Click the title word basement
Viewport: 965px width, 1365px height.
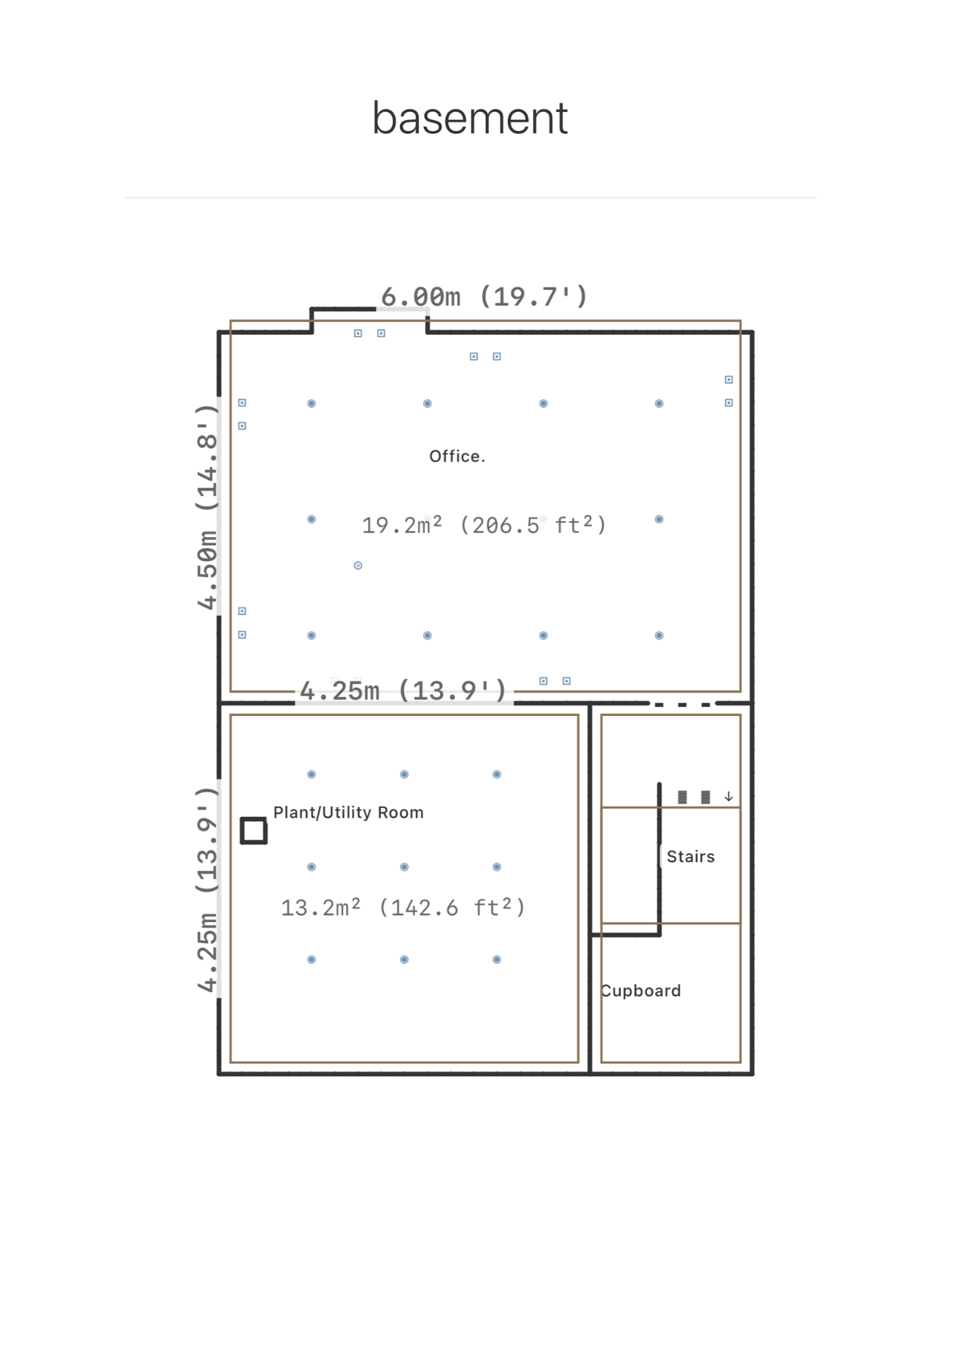click(x=470, y=118)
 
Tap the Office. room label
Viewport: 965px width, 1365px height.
click(x=457, y=456)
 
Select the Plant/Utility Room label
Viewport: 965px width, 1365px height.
click(x=349, y=812)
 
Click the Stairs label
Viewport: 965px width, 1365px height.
click(x=691, y=857)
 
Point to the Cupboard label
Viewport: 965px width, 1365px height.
click(x=641, y=990)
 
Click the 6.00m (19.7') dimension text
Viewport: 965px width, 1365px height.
click(x=484, y=297)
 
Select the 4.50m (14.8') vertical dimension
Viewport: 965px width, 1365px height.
click(x=207, y=506)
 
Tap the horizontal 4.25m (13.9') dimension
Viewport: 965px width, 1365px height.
click(x=403, y=691)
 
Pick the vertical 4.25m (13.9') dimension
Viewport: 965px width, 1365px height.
click(x=207, y=889)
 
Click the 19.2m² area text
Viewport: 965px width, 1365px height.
click(x=402, y=525)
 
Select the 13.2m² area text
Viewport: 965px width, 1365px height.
click(x=321, y=907)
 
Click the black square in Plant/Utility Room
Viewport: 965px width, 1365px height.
click(x=254, y=831)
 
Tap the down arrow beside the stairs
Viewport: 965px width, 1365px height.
click(x=729, y=796)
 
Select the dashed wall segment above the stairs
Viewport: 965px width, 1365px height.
click(x=682, y=704)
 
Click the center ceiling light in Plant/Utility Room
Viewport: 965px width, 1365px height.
click(x=405, y=867)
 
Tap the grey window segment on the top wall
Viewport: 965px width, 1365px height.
click(x=402, y=309)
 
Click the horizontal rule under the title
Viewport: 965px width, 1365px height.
click(x=471, y=198)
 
